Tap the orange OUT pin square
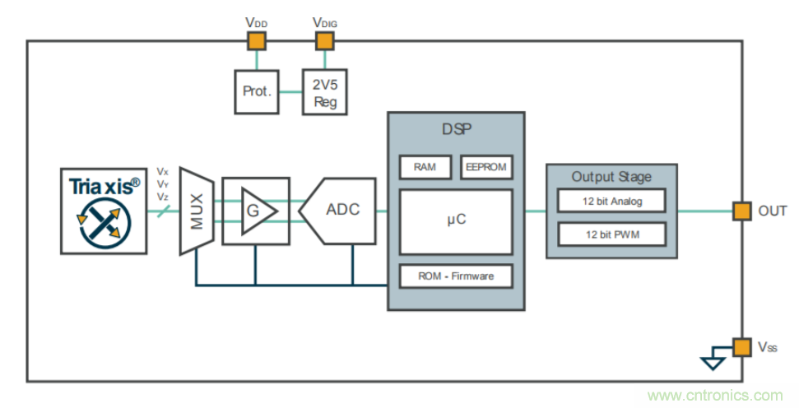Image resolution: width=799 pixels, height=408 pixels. [742, 211]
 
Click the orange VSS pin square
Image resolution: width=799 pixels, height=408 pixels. [742, 346]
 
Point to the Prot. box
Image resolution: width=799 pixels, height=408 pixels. [257, 91]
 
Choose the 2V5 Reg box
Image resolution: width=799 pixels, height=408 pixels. [324, 91]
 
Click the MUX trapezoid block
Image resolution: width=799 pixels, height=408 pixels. [197, 211]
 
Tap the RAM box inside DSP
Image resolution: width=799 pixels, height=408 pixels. [425, 167]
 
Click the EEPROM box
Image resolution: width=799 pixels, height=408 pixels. [485, 167]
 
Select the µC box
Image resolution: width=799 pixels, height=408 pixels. [456, 221]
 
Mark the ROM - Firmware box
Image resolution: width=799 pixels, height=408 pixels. [456, 276]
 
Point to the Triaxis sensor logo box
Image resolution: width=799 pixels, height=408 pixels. [104, 211]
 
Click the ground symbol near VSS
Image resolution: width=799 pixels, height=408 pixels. [712, 360]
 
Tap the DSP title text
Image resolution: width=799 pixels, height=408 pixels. [456, 129]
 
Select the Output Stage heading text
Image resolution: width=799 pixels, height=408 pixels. [611, 177]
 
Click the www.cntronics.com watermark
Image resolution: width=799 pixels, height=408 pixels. [715, 396]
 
